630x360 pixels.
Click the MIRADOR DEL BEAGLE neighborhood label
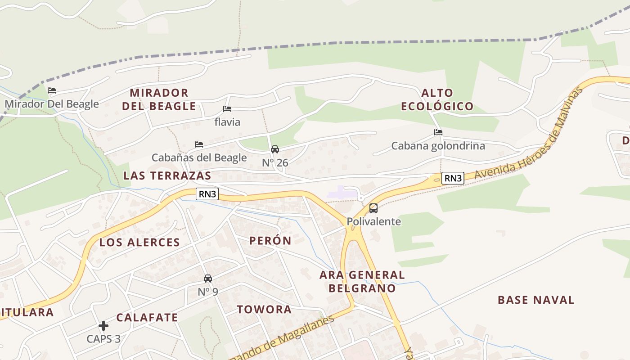[x=162, y=99]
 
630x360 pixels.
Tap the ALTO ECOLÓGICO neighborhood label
[x=437, y=99]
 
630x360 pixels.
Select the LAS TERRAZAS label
[x=167, y=175]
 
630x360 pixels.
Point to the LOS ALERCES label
[x=139, y=243]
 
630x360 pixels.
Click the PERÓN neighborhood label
[x=270, y=241]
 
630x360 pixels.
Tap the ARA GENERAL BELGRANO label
[x=362, y=281]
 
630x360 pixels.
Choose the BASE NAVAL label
[x=536, y=300]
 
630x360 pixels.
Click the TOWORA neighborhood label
[x=264, y=310]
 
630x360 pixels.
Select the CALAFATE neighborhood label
[x=147, y=318]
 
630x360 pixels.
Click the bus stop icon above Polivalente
[x=373, y=208]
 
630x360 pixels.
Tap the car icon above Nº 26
[x=275, y=149]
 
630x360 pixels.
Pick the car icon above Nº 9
[x=208, y=279]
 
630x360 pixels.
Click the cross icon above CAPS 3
[x=103, y=325]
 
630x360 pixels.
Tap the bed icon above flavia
[x=227, y=109]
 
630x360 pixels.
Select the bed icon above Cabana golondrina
[x=438, y=132]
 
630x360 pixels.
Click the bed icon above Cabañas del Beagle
[x=199, y=144]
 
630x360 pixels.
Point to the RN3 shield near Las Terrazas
[x=207, y=194]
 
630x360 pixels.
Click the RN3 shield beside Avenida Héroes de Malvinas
[x=452, y=178]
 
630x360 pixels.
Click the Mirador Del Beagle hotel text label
[x=52, y=104]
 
